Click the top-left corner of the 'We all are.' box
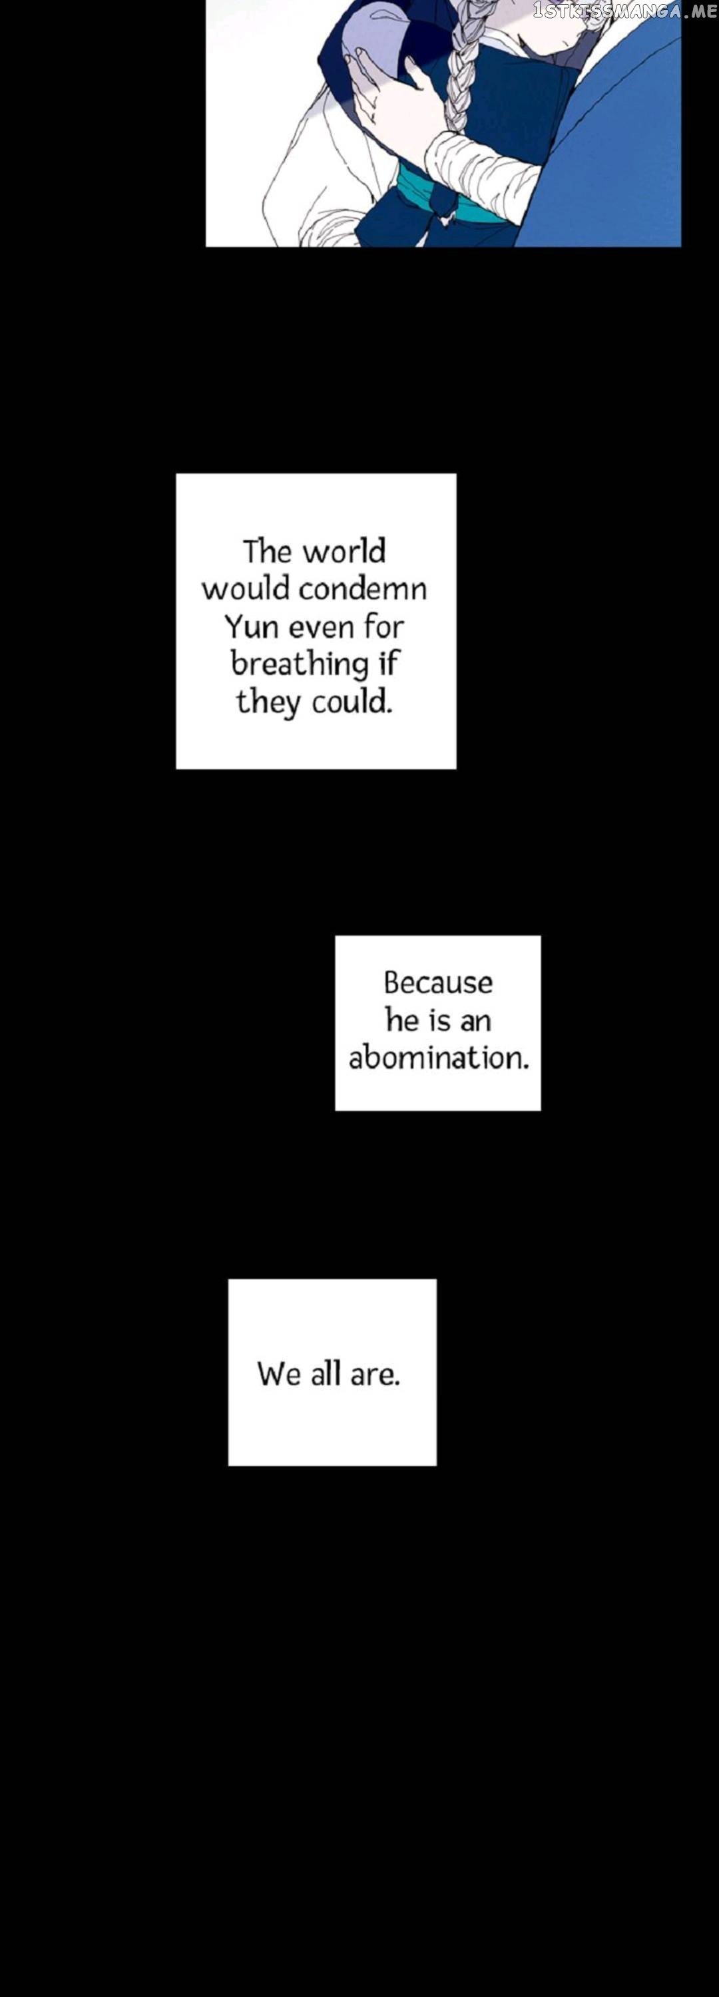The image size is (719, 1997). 228,1279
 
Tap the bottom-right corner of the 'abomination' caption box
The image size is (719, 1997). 541,1110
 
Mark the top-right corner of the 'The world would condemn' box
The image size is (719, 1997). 456,474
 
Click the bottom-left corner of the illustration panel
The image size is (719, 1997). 206,246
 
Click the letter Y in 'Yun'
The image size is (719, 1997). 235,626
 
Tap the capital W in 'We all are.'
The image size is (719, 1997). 271,1375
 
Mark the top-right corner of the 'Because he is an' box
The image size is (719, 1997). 541,936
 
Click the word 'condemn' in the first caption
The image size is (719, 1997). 362,589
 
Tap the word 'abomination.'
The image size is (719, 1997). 439,1058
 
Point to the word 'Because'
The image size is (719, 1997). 438,983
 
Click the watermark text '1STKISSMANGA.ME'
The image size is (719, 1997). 625,11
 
